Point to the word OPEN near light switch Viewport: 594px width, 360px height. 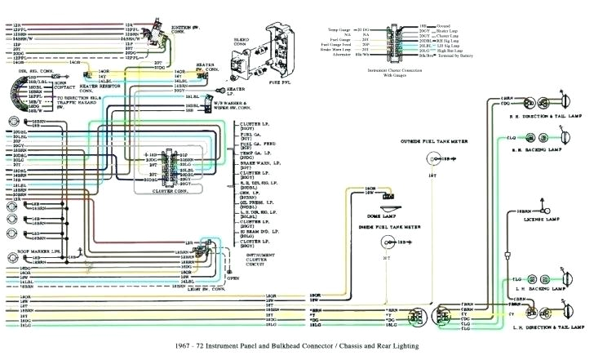point(233,278)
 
